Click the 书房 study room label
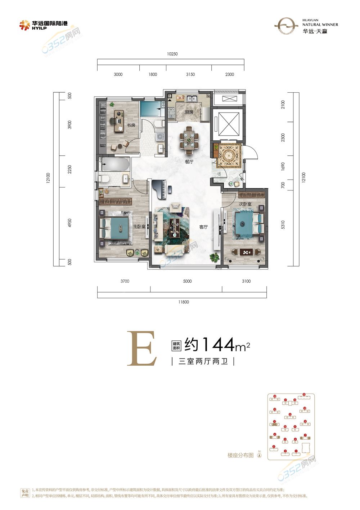(x=131, y=125)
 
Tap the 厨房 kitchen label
(x=189, y=112)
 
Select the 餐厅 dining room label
(x=189, y=162)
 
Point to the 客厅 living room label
(x=203, y=227)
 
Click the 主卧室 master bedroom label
(x=139, y=227)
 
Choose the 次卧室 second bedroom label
(x=245, y=204)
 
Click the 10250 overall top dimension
(x=172, y=54)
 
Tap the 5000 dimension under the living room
(x=187, y=281)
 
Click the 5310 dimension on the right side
(x=283, y=225)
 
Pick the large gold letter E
(x=142, y=349)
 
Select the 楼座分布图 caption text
(x=240, y=456)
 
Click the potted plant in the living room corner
(x=215, y=257)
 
